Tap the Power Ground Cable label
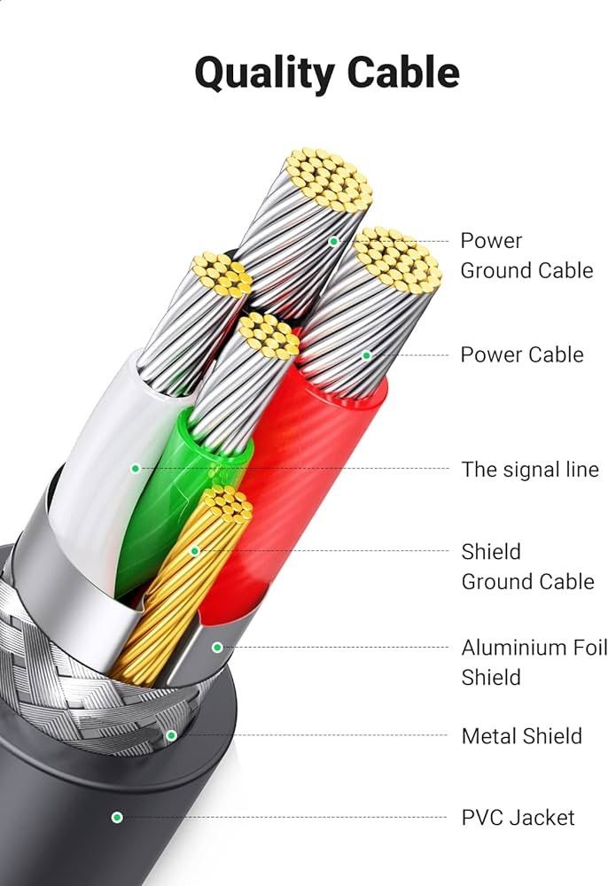[526, 255]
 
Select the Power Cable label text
[521, 354]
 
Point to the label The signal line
[529, 470]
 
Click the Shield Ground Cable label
[526, 566]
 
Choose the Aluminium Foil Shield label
[534, 662]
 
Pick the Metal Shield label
[521, 735]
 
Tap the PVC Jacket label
[518, 817]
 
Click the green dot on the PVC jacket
[116, 817]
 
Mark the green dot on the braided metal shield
[171, 734]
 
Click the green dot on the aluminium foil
[216, 648]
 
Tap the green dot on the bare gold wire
[195, 551]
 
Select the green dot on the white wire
[136, 468]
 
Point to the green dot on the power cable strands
[366, 355]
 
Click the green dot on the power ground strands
[334, 241]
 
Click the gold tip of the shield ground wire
[228, 503]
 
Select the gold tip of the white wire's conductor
[222, 274]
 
